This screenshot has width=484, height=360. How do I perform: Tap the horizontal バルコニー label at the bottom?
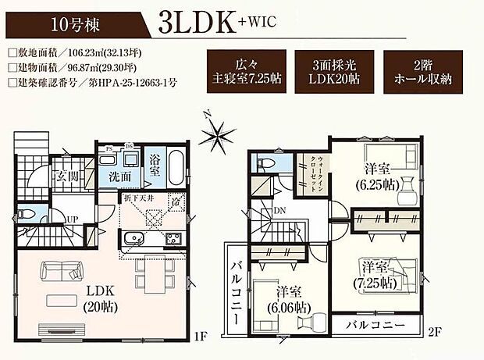(377, 323)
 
